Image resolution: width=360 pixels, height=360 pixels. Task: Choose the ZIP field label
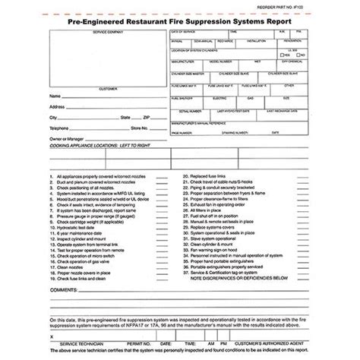pos(147,118)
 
